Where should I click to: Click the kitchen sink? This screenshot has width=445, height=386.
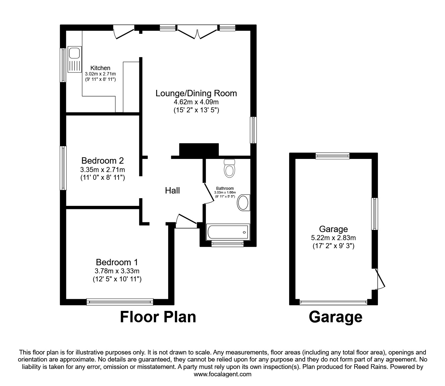point(74,59)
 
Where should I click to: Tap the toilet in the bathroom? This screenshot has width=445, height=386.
point(230,168)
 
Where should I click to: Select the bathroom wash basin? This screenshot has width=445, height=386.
point(244,203)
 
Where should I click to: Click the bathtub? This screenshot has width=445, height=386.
point(228,232)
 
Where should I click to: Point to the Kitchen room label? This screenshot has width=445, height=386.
point(100,68)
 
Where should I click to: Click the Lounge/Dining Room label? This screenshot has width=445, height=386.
point(196,93)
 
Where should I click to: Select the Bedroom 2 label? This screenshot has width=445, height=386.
point(103,160)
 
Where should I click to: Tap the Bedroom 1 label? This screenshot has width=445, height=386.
point(117,262)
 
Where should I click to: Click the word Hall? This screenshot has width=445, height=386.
point(172,190)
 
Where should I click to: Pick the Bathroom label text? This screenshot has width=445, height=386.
point(225,188)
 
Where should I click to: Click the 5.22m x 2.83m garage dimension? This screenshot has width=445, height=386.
point(333,238)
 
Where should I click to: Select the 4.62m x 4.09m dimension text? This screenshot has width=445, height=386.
point(196,102)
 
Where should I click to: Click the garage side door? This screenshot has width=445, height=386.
point(381,279)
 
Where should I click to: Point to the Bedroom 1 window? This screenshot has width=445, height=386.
point(120,302)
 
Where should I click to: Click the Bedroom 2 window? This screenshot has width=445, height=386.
point(63,168)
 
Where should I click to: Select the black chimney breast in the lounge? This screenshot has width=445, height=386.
point(199,150)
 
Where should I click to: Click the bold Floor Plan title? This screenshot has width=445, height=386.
point(158,317)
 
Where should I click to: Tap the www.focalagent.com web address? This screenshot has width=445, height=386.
point(222,374)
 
